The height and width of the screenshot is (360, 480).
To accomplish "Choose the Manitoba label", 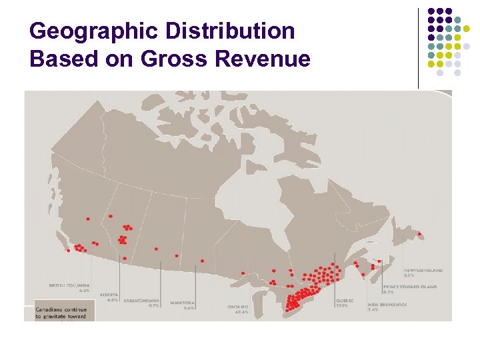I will (x=181, y=303).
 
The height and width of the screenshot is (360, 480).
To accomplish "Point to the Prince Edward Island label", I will (x=410, y=286).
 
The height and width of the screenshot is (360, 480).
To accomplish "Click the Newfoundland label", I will (x=423, y=270).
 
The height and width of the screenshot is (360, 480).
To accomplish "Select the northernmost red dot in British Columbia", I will (x=87, y=219).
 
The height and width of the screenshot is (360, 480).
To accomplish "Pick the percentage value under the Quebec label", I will (x=341, y=305).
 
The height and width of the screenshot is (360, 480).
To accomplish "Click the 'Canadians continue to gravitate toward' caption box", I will (x=65, y=313).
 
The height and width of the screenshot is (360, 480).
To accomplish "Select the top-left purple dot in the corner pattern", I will (x=431, y=11).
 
